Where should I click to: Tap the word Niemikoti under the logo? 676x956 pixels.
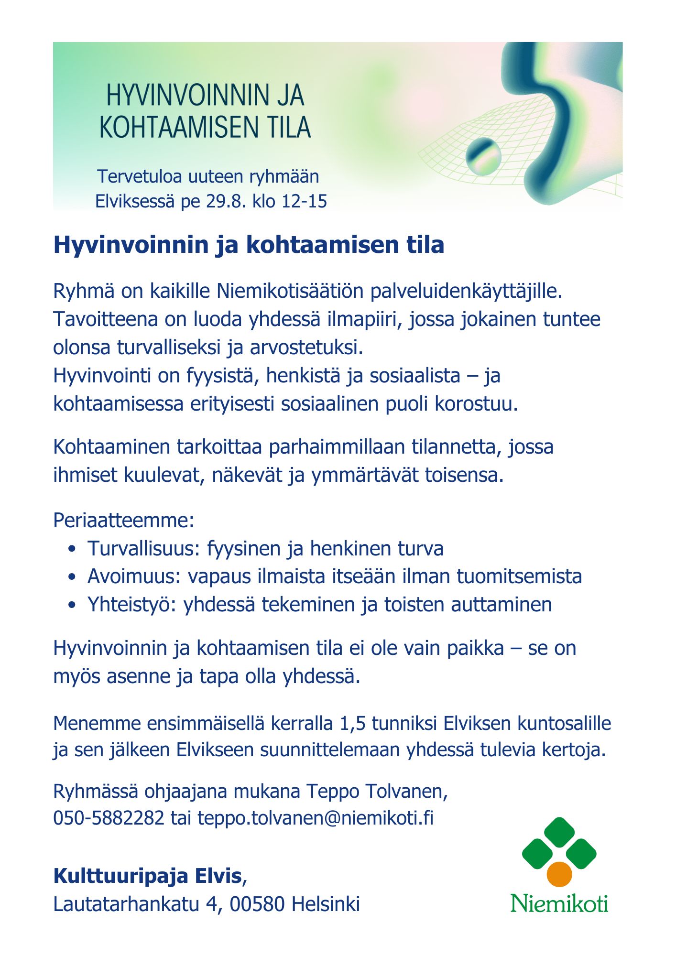[559, 903]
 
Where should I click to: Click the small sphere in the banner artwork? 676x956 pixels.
[483, 156]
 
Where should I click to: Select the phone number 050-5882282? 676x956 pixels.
[109, 818]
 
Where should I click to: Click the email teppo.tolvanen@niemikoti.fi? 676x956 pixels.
[316, 818]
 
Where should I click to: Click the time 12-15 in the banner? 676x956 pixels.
[305, 201]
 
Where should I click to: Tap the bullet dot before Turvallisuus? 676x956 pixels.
[72, 549]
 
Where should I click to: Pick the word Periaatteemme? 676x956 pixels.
[123, 520]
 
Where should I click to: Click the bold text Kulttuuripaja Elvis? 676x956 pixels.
[148, 876]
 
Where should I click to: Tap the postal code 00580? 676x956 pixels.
[258, 904]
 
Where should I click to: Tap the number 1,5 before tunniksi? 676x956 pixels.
[352, 723]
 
